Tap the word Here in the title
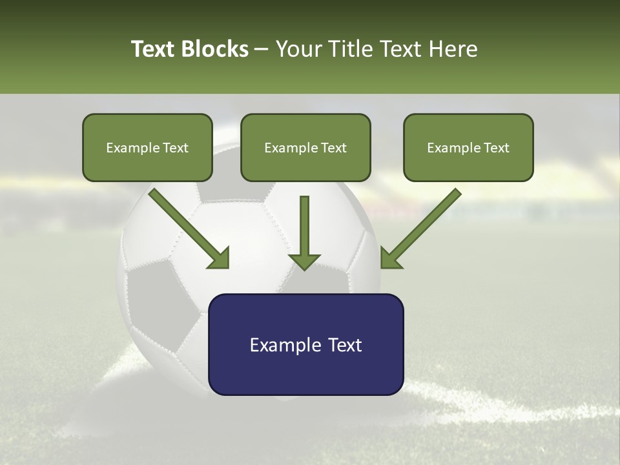(453, 49)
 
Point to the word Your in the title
(297, 49)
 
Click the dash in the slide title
(262, 50)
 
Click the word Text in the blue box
(345, 345)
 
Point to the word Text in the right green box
(496, 148)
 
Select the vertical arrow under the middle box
(304, 229)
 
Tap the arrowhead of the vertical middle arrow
(304, 262)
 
